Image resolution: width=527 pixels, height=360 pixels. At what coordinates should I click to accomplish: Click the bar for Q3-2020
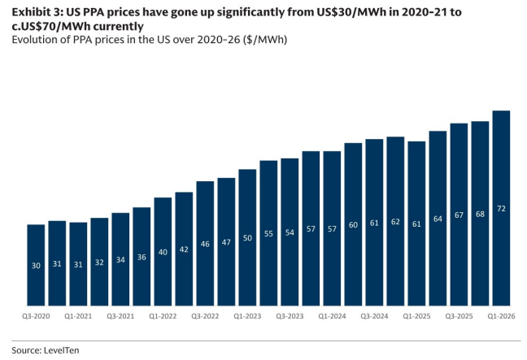coord(36,265)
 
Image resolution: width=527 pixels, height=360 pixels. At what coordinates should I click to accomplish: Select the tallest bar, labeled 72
coord(501,208)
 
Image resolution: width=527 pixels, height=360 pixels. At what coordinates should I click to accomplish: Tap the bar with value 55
coord(268,233)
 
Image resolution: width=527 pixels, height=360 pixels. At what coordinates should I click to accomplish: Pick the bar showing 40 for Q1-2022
coord(163,252)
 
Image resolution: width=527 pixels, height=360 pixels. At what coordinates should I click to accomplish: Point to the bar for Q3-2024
coord(374,223)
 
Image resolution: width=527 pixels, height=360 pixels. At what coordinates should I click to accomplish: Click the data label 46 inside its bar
coord(205,244)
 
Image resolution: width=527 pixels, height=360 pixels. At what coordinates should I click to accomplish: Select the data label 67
coord(459,215)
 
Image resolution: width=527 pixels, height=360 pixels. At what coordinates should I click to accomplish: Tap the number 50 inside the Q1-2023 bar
coord(247,238)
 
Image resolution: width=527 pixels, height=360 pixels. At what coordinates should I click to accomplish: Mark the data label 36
coord(142,257)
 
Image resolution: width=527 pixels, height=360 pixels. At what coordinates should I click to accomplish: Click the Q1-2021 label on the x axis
coord(78,316)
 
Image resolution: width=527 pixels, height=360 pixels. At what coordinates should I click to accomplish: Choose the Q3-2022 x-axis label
coord(205,316)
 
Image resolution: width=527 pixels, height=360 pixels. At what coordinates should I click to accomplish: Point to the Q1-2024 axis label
coord(332,316)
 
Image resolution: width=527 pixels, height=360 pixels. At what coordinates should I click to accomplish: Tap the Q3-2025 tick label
coord(459,316)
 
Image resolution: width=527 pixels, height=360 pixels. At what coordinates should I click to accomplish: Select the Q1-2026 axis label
coord(501,316)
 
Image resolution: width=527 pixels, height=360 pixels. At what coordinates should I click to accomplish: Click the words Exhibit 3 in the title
coord(37,12)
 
